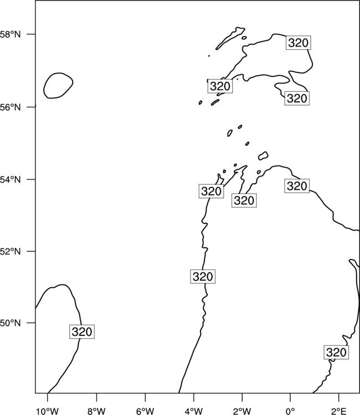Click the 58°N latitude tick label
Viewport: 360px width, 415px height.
[x=10, y=34]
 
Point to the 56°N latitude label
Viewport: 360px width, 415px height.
[x=10, y=107]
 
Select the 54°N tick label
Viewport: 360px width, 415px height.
[x=10, y=179]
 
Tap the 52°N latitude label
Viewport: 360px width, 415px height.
[x=10, y=251]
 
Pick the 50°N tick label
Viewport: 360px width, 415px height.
[x=10, y=323]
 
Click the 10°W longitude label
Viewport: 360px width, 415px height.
[x=48, y=411]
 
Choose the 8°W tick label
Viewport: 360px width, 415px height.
[x=96, y=411]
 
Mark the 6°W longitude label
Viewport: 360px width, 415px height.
[x=145, y=411]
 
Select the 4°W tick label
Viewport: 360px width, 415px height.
[x=194, y=411]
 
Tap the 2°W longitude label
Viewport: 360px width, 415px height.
[x=242, y=411]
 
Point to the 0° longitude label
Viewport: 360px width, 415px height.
[x=290, y=411]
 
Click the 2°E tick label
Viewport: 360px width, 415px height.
[x=339, y=411]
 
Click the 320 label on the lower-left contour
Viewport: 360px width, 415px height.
[x=82, y=331]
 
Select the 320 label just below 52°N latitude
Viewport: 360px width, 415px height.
[x=203, y=277]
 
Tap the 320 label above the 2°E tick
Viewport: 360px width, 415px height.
[x=336, y=352]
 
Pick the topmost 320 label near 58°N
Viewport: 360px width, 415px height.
[x=299, y=43]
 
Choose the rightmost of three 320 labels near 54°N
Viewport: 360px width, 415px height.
[x=297, y=186]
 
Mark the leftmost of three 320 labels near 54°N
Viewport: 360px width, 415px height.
[x=212, y=191]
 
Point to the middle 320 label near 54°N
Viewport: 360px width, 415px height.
[x=244, y=200]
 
